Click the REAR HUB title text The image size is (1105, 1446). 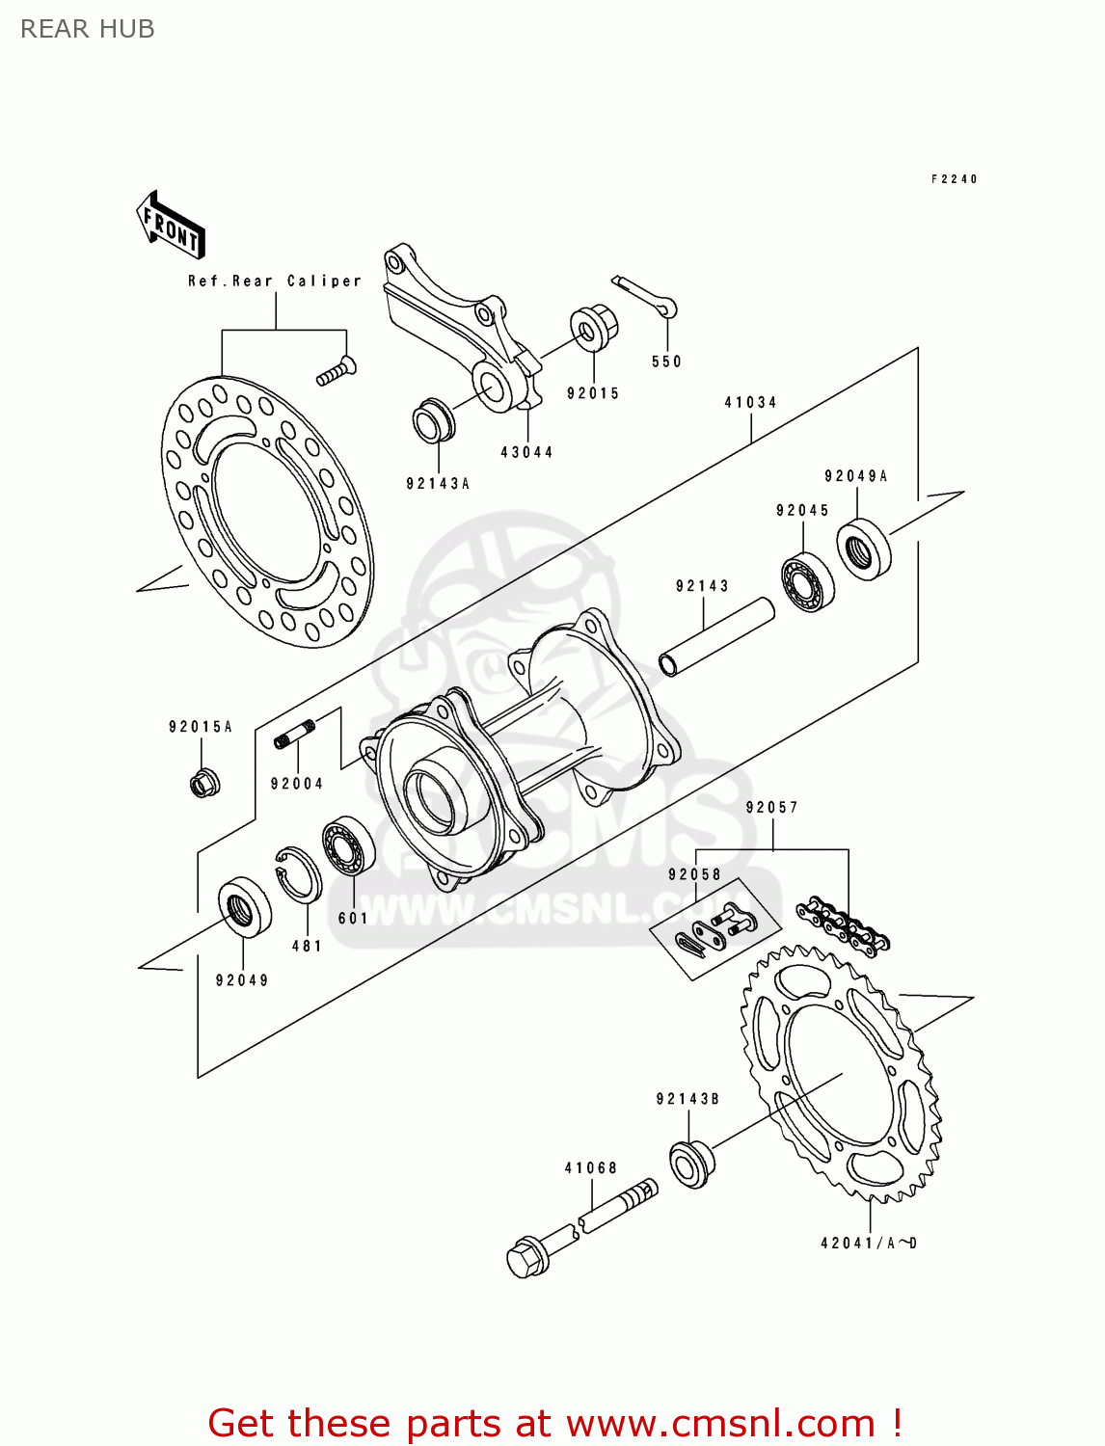[87, 29]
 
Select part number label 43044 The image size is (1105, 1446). [526, 452]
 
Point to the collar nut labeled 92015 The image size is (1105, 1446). [592, 328]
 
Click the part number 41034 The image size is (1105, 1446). [750, 402]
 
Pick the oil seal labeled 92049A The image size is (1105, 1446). [863, 549]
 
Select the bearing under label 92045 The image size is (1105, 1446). [807, 581]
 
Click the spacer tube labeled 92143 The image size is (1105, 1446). [715, 637]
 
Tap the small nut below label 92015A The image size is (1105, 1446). [203, 782]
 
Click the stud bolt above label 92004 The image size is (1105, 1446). [295, 734]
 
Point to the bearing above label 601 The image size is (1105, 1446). [348, 845]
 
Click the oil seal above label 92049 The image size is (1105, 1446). [245, 907]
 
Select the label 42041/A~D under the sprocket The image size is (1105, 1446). [868, 1244]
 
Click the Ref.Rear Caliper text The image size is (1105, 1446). [274, 281]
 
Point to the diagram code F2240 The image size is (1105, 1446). [954, 179]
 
